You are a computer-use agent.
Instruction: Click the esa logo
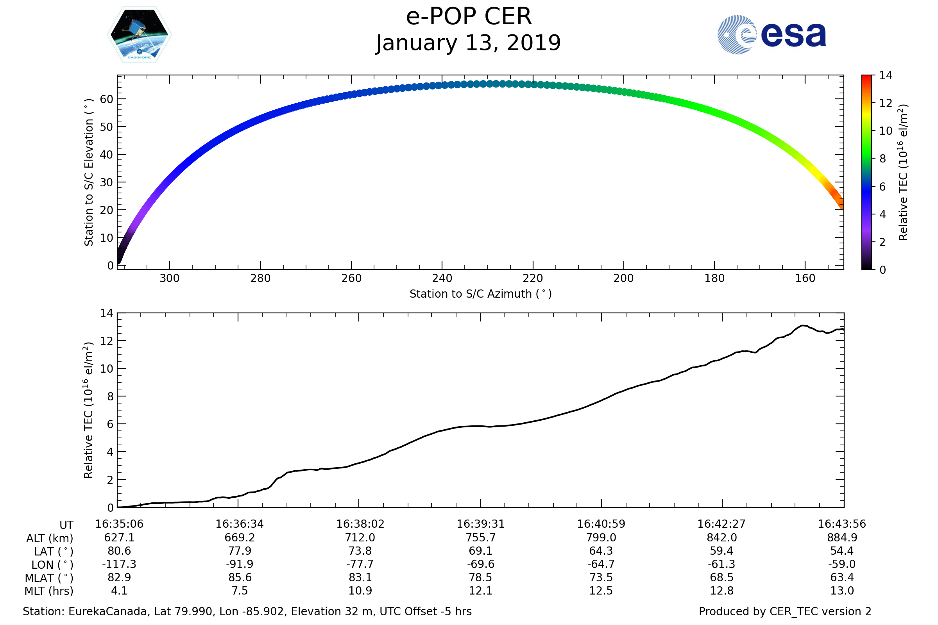pyautogui.click(x=771, y=35)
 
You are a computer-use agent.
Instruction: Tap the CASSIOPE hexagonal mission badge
pyautogui.click(x=139, y=35)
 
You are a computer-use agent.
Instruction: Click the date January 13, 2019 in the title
pyautogui.click(x=469, y=43)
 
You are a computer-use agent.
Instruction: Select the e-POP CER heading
pyautogui.click(x=469, y=17)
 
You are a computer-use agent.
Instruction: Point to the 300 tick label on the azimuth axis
pyautogui.click(x=170, y=278)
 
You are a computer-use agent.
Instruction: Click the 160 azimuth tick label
pyautogui.click(x=805, y=278)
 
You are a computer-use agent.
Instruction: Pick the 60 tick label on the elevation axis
pyautogui.click(x=107, y=99)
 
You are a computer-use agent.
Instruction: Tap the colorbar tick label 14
pyautogui.click(x=885, y=76)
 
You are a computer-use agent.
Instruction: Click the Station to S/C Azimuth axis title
pyautogui.click(x=481, y=294)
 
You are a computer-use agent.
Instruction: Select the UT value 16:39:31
pyautogui.click(x=481, y=524)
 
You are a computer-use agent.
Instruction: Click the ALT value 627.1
pyautogui.click(x=119, y=538)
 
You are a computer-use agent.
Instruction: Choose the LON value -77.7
pyautogui.click(x=360, y=564)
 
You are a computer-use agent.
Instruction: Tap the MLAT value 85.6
pyautogui.click(x=240, y=577)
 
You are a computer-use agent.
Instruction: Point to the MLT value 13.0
pyautogui.click(x=842, y=591)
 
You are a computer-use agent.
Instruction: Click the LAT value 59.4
pyautogui.click(x=721, y=551)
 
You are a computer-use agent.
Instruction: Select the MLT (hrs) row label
pyautogui.click(x=49, y=591)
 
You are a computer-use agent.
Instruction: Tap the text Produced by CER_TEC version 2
pyautogui.click(x=785, y=611)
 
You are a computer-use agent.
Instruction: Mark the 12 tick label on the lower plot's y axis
pyautogui.click(x=107, y=341)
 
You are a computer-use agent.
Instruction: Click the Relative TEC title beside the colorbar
pyautogui.click(x=903, y=173)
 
